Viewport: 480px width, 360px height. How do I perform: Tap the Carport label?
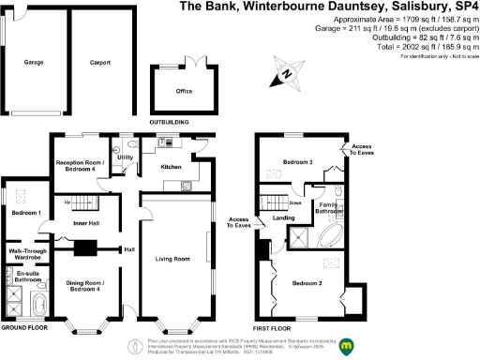tap(100, 63)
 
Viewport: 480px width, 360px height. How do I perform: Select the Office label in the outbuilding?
tap(184, 92)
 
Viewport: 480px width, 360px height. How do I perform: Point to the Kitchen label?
tap(171, 167)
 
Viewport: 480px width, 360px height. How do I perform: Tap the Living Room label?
tap(173, 259)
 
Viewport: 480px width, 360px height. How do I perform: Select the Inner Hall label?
tap(87, 223)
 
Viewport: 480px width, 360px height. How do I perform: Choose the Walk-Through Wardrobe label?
tap(29, 255)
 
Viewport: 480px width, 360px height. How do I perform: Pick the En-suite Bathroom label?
tap(27, 277)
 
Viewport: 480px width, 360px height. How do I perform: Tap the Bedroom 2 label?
tap(307, 282)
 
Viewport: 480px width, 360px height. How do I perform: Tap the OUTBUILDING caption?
tap(169, 122)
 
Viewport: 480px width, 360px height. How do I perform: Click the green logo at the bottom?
tap(347, 346)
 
